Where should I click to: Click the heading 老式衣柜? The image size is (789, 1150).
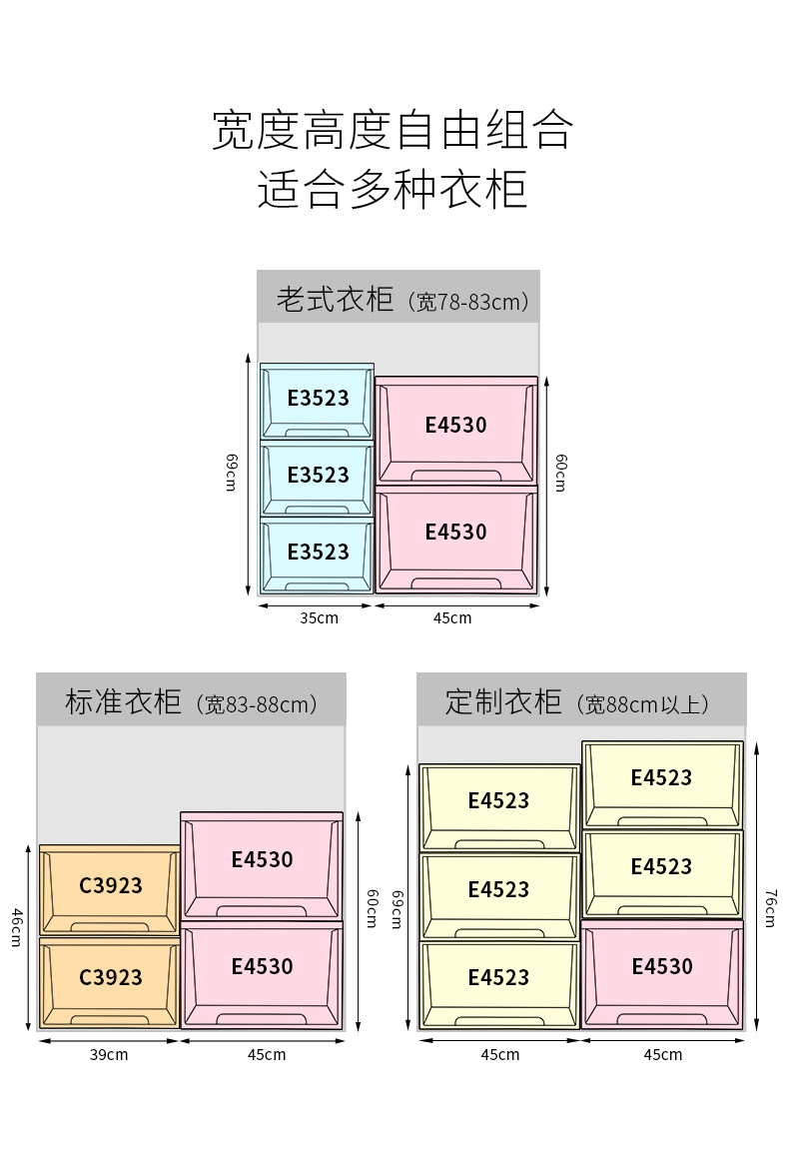[x=335, y=299]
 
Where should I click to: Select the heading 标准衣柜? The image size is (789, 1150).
[x=123, y=701]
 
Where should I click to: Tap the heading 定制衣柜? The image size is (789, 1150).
[x=503, y=701]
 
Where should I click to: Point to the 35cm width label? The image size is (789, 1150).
[x=319, y=618]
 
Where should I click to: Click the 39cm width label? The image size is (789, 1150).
[x=109, y=1055]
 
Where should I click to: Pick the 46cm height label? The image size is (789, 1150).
[x=16, y=927]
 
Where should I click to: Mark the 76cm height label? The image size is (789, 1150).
[x=769, y=908]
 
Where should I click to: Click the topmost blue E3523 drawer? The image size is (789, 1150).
[x=317, y=402]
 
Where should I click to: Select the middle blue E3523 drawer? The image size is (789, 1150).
[x=317, y=479]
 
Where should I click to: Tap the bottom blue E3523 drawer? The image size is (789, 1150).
[x=317, y=556]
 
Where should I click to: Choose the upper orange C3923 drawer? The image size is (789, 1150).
[x=109, y=890]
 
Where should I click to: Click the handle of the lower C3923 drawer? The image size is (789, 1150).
[x=109, y=1019]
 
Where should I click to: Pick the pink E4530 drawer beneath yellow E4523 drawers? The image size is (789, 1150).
[x=662, y=974]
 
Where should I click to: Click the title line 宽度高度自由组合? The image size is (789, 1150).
[x=394, y=131]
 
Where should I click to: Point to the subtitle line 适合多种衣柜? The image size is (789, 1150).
[x=394, y=189]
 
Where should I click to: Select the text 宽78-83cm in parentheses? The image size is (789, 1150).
[x=467, y=302]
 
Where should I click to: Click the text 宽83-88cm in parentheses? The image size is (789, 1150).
[x=257, y=704]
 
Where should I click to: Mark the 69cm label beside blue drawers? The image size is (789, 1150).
[x=232, y=472]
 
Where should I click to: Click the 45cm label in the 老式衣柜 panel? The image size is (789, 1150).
[x=452, y=618]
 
